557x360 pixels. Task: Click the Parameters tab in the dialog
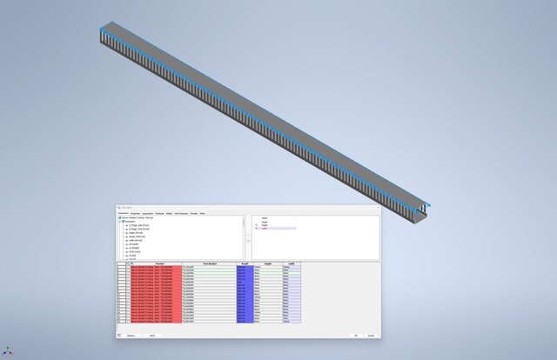pyautogui.click(x=122, y=213)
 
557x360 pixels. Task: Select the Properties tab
pyautogui.click(x=135, y=213)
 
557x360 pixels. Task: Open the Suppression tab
pyautogui.click(x=148, y=213)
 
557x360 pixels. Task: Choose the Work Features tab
pyautogui.click(x=181, y=213)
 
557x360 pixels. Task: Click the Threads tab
pyautogui.click(x=193, y=213)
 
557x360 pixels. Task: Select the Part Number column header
pyautogui.click(x=209, y=263)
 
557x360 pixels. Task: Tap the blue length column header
pyautogui.click(x=245, y=263)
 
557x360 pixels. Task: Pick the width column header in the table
pyautogui.click(x=292, y=263)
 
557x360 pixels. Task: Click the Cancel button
pyautogui.click(x=371, y=335)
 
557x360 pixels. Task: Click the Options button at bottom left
pyautogui.click(x=131, y=335)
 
